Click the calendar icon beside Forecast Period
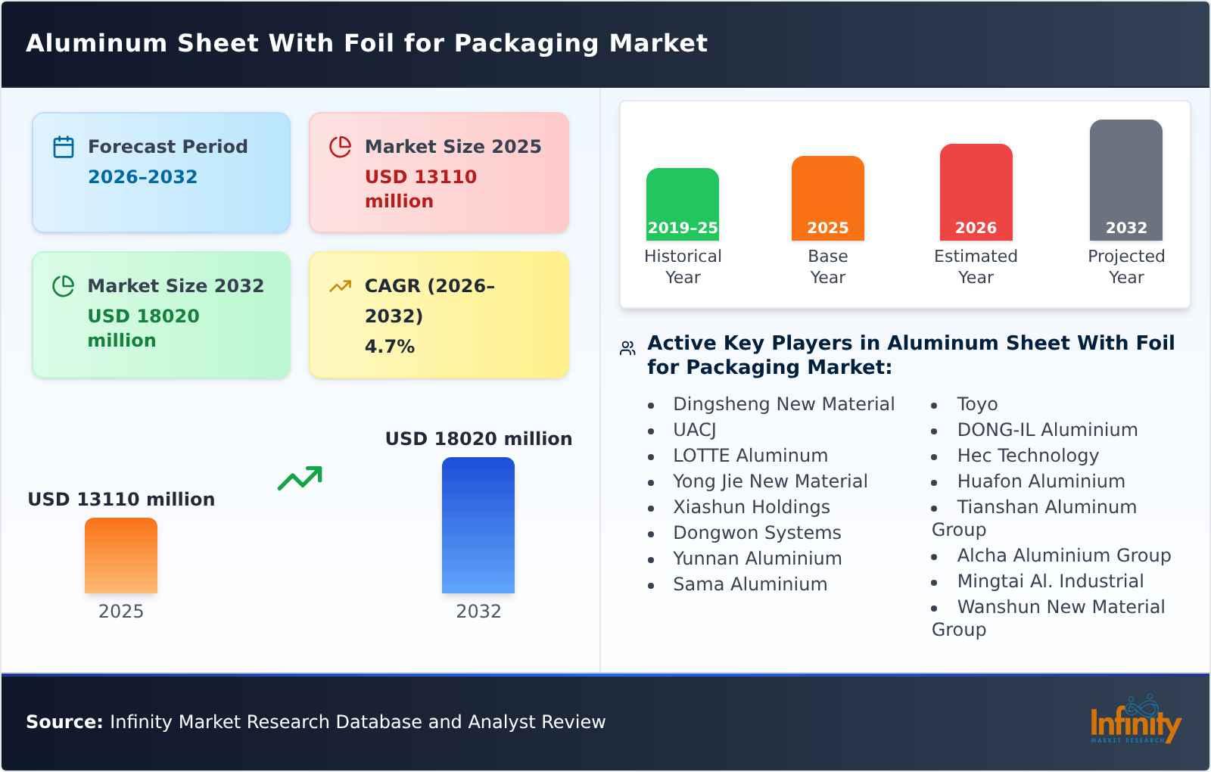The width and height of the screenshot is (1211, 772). [x=64, y=147]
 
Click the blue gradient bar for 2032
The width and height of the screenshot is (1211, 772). [x=478, y=525]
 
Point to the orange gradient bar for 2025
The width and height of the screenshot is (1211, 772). [x=121, y=556]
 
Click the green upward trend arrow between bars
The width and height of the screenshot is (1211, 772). [x=300, y=478]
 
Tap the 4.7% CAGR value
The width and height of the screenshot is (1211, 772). [x=389, y=347]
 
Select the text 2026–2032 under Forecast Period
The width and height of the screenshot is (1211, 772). [x=142, y=177]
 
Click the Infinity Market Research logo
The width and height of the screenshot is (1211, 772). [x=1135, y=721]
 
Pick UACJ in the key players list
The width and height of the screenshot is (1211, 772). [x=694, y=430]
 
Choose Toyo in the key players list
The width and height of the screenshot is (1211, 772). [x=976, y=404]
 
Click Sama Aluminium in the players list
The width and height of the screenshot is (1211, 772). [x=749, y=584]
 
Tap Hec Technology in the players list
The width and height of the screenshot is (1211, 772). [x=1027, y=456]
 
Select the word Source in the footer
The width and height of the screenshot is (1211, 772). [x=64, y=722]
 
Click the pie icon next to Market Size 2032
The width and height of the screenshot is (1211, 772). [x=64, y=286]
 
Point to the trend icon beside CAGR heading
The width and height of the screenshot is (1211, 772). [x=341, y=286]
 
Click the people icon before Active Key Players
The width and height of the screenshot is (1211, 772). [x=627, y=348]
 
